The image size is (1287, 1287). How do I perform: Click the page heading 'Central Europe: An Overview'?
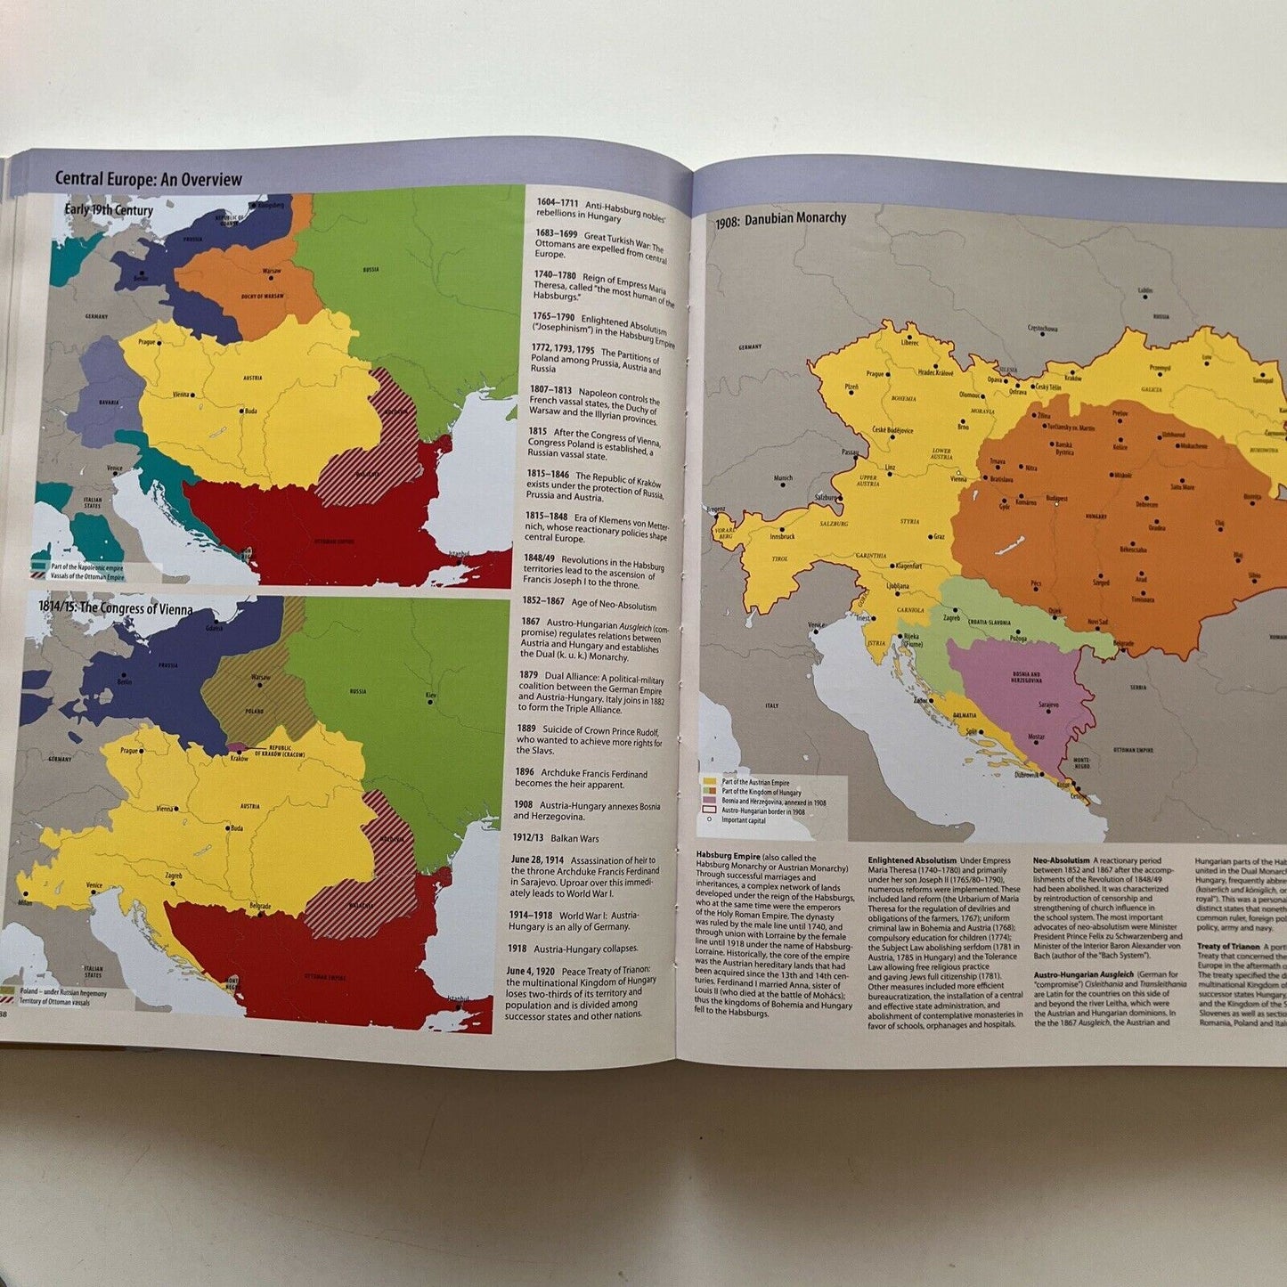coord(148,179)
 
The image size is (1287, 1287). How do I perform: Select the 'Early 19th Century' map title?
coord(109,210)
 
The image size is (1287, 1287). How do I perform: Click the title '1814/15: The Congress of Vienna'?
coord(115,609)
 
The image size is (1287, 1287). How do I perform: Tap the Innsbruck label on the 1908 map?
coord(782,536)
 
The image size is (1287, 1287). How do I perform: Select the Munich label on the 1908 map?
coord(783,478)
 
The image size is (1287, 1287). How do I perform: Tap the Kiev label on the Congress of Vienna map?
coord(431,695)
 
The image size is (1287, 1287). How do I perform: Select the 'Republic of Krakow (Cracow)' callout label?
coord(280,750)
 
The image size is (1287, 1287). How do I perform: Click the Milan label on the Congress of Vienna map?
coord(24,902)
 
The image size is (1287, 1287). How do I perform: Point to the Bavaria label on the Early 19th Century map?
coord(109,403)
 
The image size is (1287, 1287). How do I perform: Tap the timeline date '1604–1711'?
coord(556,202)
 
